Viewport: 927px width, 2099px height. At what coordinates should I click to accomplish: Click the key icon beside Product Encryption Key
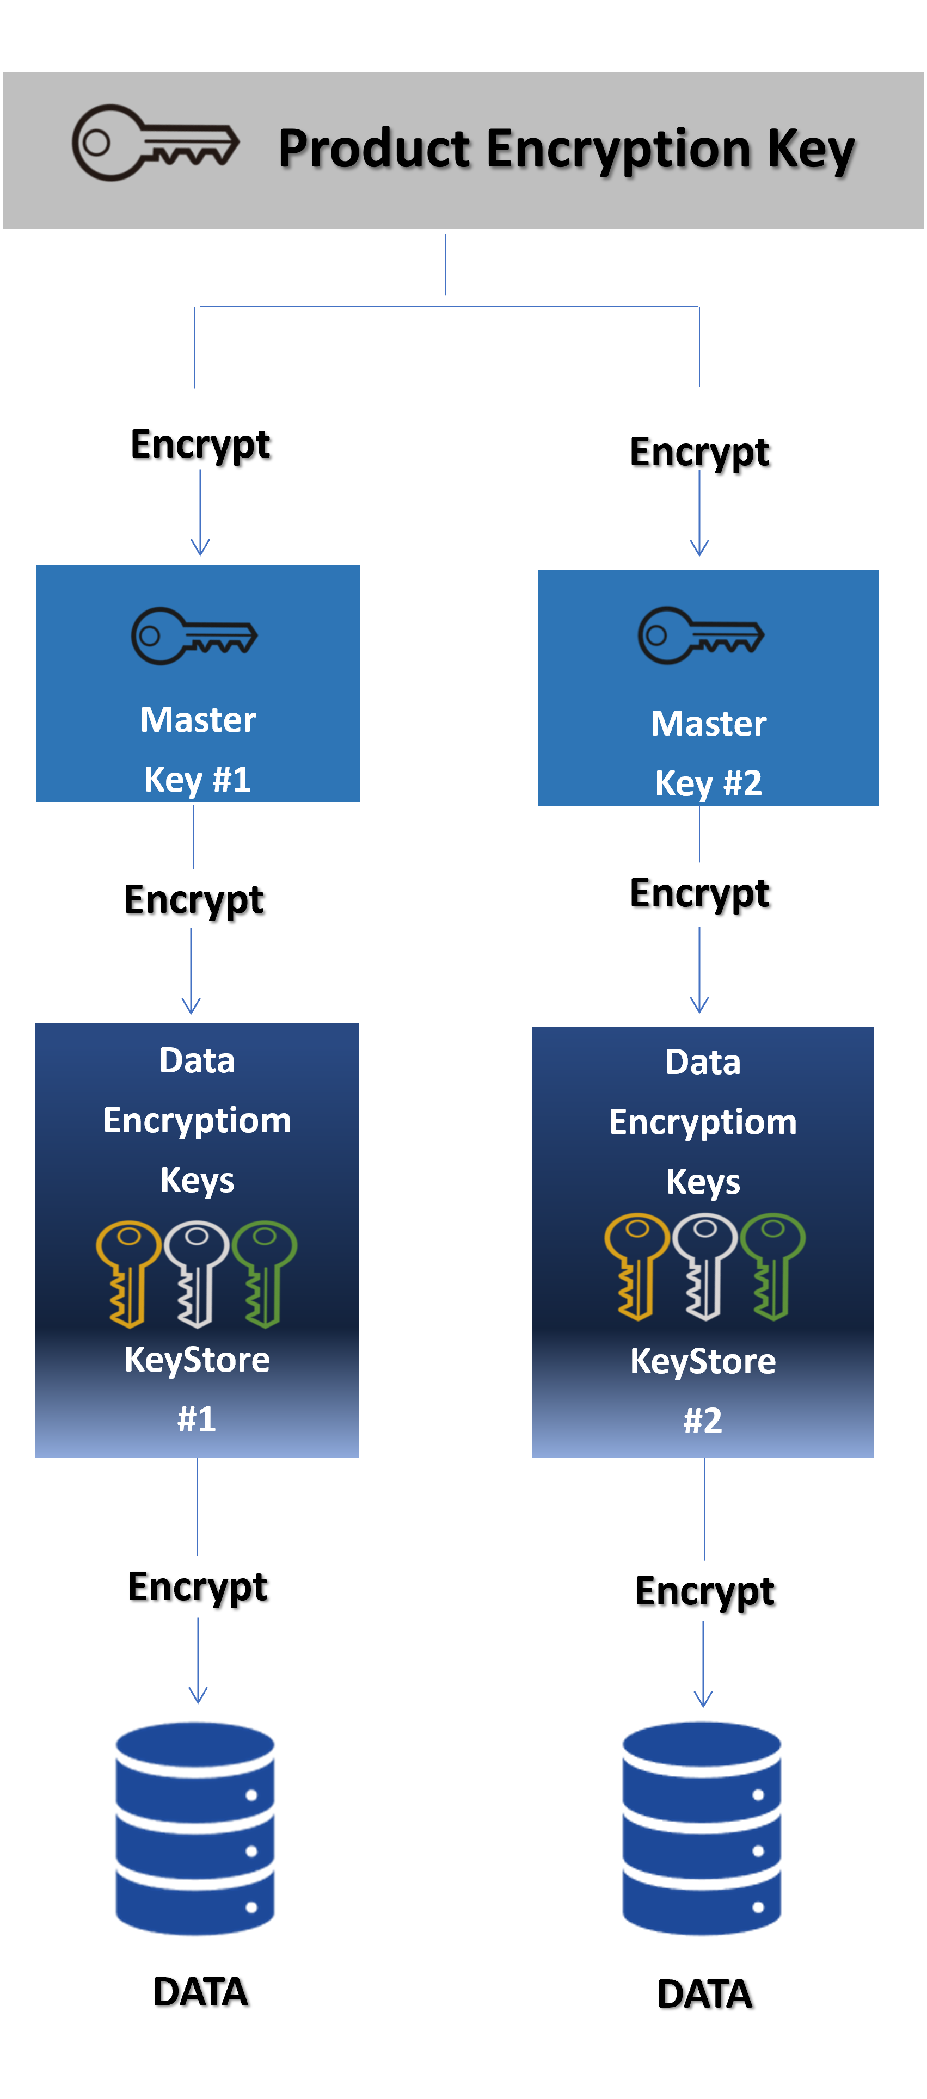point(155,143)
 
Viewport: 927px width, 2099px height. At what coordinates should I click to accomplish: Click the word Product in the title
point(374,149)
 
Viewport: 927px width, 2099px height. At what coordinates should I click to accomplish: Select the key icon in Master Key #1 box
point(194,635)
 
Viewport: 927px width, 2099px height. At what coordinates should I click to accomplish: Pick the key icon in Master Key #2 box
point(701,635)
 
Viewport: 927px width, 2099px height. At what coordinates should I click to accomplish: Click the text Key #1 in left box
point(197,780)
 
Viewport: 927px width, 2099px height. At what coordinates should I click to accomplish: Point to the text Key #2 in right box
point(709,783)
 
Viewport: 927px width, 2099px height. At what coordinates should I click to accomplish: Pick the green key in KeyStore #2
point(773,1265)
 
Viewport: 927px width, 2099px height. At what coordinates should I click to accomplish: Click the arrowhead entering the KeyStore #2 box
point(699,1004)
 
